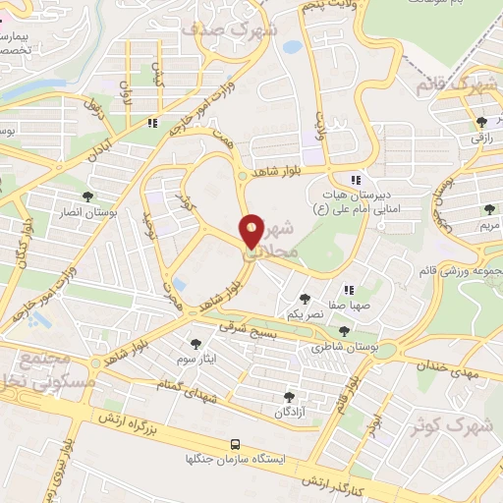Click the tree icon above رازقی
pos(480,122)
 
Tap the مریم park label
pos(488,225)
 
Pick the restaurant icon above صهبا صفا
pos(348,289)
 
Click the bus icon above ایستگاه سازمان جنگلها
pos(234,444)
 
